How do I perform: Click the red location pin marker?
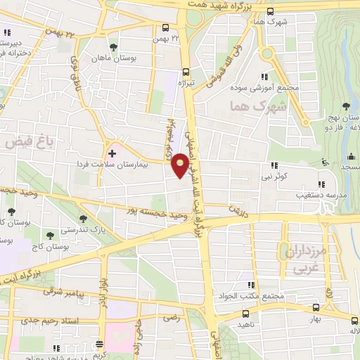[x=181, y=167]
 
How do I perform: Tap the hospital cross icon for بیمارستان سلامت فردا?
[x=112, y=153]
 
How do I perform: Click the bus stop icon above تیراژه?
[x=186, y=71]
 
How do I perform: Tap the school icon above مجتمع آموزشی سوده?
[x=264, y=76]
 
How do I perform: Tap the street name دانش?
[x=232, y=210]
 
